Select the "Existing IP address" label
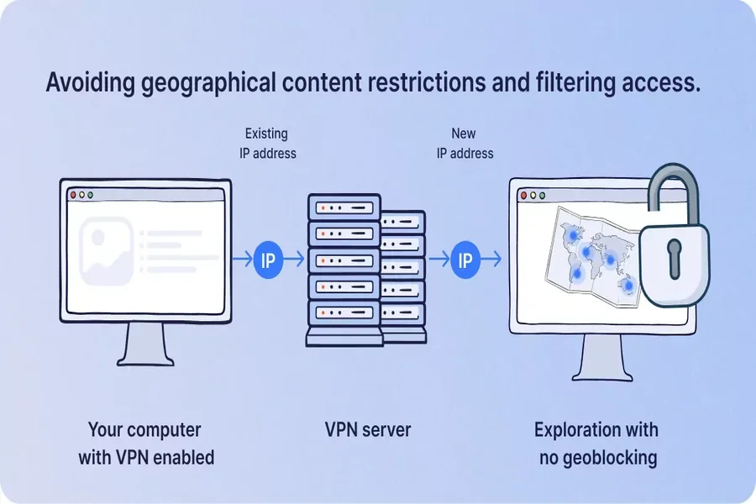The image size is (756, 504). (x=265, y=143)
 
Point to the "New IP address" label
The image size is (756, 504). (x=463, y=143)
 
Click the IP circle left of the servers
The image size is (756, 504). (x=267, y=260)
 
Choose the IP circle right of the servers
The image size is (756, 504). (x=464, y=260)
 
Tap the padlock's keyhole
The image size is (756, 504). (x=674, y=259)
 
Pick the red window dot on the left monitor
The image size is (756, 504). (x=72, y=195)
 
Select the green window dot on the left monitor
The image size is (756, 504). (x=91, y=195)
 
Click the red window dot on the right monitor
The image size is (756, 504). (x=522, y=195)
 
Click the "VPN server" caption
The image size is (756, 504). (x=368, y=430)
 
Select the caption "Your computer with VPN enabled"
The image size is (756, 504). (x=146, y=444)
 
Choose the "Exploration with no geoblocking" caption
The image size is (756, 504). (x=596, y=444)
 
